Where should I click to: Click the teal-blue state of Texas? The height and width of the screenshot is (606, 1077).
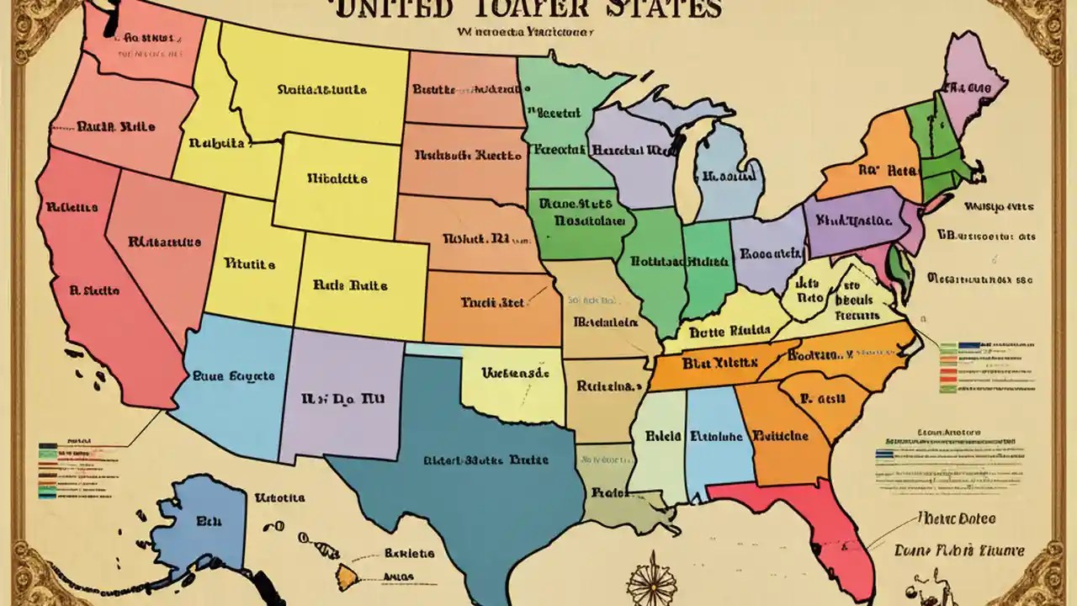pos(471,454)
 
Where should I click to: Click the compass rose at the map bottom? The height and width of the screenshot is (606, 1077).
pos(652,581)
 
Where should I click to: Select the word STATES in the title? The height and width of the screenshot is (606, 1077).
pos(665,10)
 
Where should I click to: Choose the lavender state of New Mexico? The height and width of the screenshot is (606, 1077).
pos(341,391)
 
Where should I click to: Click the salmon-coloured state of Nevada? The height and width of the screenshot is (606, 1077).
pos(160,244)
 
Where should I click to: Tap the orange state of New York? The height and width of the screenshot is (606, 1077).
pos(875,164)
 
